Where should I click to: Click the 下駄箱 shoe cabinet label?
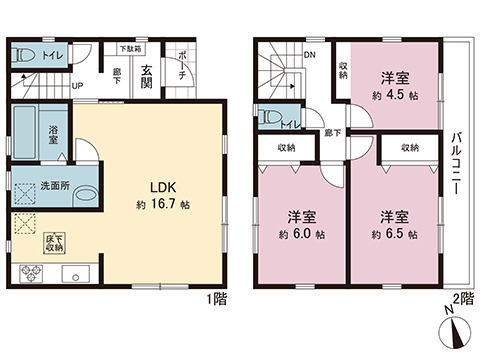pyautogui.click(x=130, y=46)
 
